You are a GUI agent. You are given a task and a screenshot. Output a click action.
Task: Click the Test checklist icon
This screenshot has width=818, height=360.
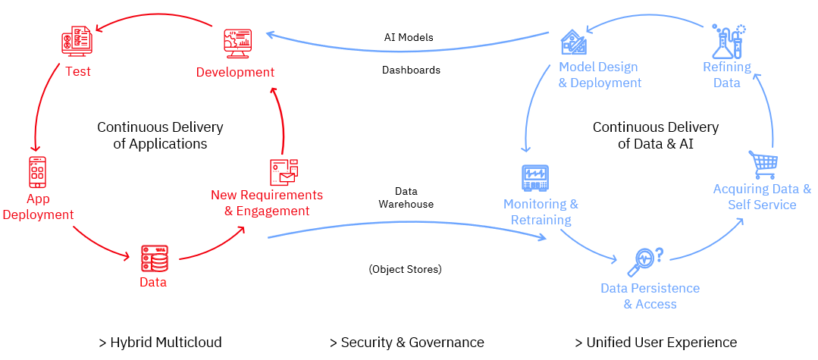(x=77, y=41)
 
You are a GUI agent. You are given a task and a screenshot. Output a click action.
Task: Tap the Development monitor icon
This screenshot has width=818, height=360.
(x=238, y=43)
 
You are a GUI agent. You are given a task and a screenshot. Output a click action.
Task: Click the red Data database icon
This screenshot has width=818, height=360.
(x=154, y=258)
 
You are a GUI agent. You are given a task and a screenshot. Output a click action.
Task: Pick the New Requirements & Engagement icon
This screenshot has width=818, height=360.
(x=284, y=172)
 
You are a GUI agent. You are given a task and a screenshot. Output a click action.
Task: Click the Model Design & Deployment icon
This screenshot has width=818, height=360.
(x=574, y=42)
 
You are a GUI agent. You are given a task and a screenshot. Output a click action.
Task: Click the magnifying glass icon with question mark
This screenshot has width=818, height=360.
(x=645, y=261)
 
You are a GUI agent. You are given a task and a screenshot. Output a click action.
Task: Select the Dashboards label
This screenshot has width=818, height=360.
(x=411, y=70)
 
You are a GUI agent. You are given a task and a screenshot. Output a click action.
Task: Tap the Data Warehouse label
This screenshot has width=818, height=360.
(x=406, y=198)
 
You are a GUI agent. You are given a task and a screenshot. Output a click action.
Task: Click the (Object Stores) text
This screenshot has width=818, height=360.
(x=406, y=269)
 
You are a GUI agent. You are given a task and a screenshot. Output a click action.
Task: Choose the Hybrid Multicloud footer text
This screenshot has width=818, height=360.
(x=160, y=343)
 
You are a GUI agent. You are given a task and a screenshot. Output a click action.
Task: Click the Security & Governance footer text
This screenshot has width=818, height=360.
(x=406, y=343)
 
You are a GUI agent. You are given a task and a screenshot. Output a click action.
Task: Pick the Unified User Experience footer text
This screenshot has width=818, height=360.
(x=655, y=343)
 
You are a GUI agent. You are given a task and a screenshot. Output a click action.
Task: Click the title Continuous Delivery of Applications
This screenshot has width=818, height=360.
(x=160, y=135)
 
